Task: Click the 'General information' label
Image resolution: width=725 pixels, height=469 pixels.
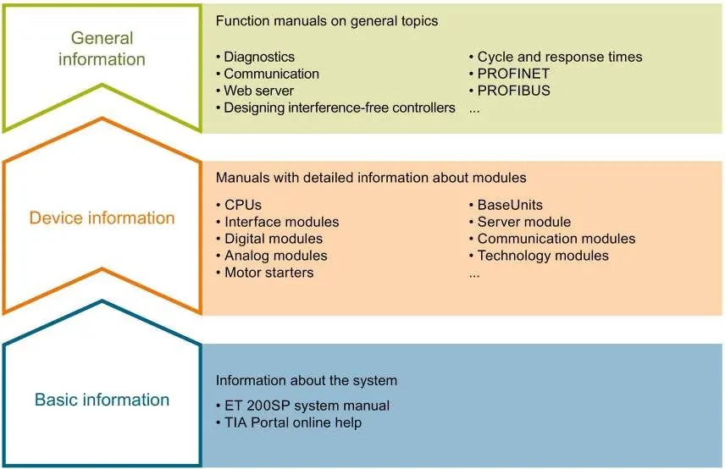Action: coord(102,48)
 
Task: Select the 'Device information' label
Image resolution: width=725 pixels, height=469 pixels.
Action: coord(102,218)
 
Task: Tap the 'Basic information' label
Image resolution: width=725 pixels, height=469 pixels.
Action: coord(102,400)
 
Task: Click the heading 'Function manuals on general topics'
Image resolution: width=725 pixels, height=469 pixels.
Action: coord(327,21)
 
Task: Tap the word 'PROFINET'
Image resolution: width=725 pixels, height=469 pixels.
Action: coord(513,74)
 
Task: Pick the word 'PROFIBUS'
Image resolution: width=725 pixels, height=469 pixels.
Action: coord(514,91)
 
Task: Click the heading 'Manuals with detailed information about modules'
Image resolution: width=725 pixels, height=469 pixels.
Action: coord(371,178)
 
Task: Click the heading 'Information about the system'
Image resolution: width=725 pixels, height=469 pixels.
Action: coord(307,380)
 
